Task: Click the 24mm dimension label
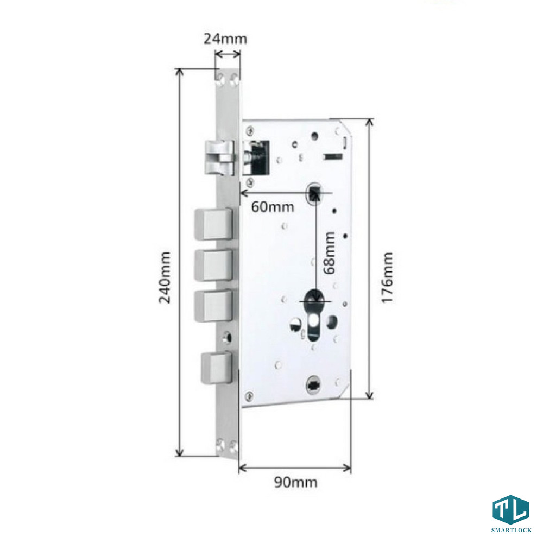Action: [225, 39]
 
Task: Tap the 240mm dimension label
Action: [165, 277]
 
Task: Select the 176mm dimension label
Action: [387, 277]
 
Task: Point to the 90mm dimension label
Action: [296, 482]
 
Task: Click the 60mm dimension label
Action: [273, 207]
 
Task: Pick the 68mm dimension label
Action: [329, 253]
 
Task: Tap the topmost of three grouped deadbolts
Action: [213, 224]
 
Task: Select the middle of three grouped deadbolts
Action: [213, 265]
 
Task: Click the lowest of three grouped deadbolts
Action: [213, 306]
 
